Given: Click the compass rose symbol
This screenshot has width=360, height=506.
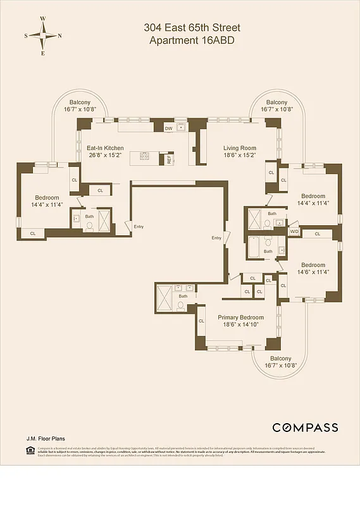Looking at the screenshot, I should (43, 35).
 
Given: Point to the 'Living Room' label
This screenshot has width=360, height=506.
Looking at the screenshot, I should (239, 148).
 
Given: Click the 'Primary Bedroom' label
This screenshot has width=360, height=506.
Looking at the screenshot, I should (240, 318).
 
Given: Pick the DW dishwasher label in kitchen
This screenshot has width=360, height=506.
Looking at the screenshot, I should (168, 129).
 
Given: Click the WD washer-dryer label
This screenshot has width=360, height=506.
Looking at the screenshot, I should (294, 232).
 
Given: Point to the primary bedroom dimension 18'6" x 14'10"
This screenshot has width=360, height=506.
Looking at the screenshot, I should (240, 325).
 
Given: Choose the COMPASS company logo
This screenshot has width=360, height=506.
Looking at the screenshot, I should (305, 428).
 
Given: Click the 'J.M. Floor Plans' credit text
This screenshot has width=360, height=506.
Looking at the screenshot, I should (45, 438).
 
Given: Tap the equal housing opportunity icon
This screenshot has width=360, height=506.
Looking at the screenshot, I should (29, 450).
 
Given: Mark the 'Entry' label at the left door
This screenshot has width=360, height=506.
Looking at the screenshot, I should (139, 226).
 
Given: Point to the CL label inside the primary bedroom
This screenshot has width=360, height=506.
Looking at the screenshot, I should (202, 321).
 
